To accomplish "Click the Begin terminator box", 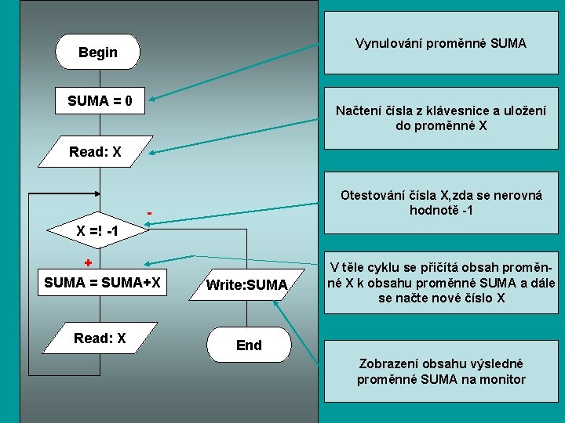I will click(x=97, y=52).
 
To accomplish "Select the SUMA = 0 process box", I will click(x=100, y=101).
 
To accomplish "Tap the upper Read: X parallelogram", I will click(x=95, y=152).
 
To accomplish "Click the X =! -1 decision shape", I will click(x=97, y=231).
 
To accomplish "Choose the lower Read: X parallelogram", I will click(x=100, y=338).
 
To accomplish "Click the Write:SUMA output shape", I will click(x=246, y=285).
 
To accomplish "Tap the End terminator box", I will click(x=249, y=345).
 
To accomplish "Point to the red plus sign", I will click(x=89, y=262).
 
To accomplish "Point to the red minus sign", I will click(x=149, y=213).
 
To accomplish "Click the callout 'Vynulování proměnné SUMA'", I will click(x=440, y=43).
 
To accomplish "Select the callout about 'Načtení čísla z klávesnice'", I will click(x=440, y=118).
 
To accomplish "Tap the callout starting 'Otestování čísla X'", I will click(x=440, y=203).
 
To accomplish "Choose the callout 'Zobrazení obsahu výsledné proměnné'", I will click(x=440, y=372).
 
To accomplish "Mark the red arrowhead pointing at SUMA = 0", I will click(x=152, y=99).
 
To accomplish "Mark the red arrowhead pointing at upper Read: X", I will click(x=148, y=150).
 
